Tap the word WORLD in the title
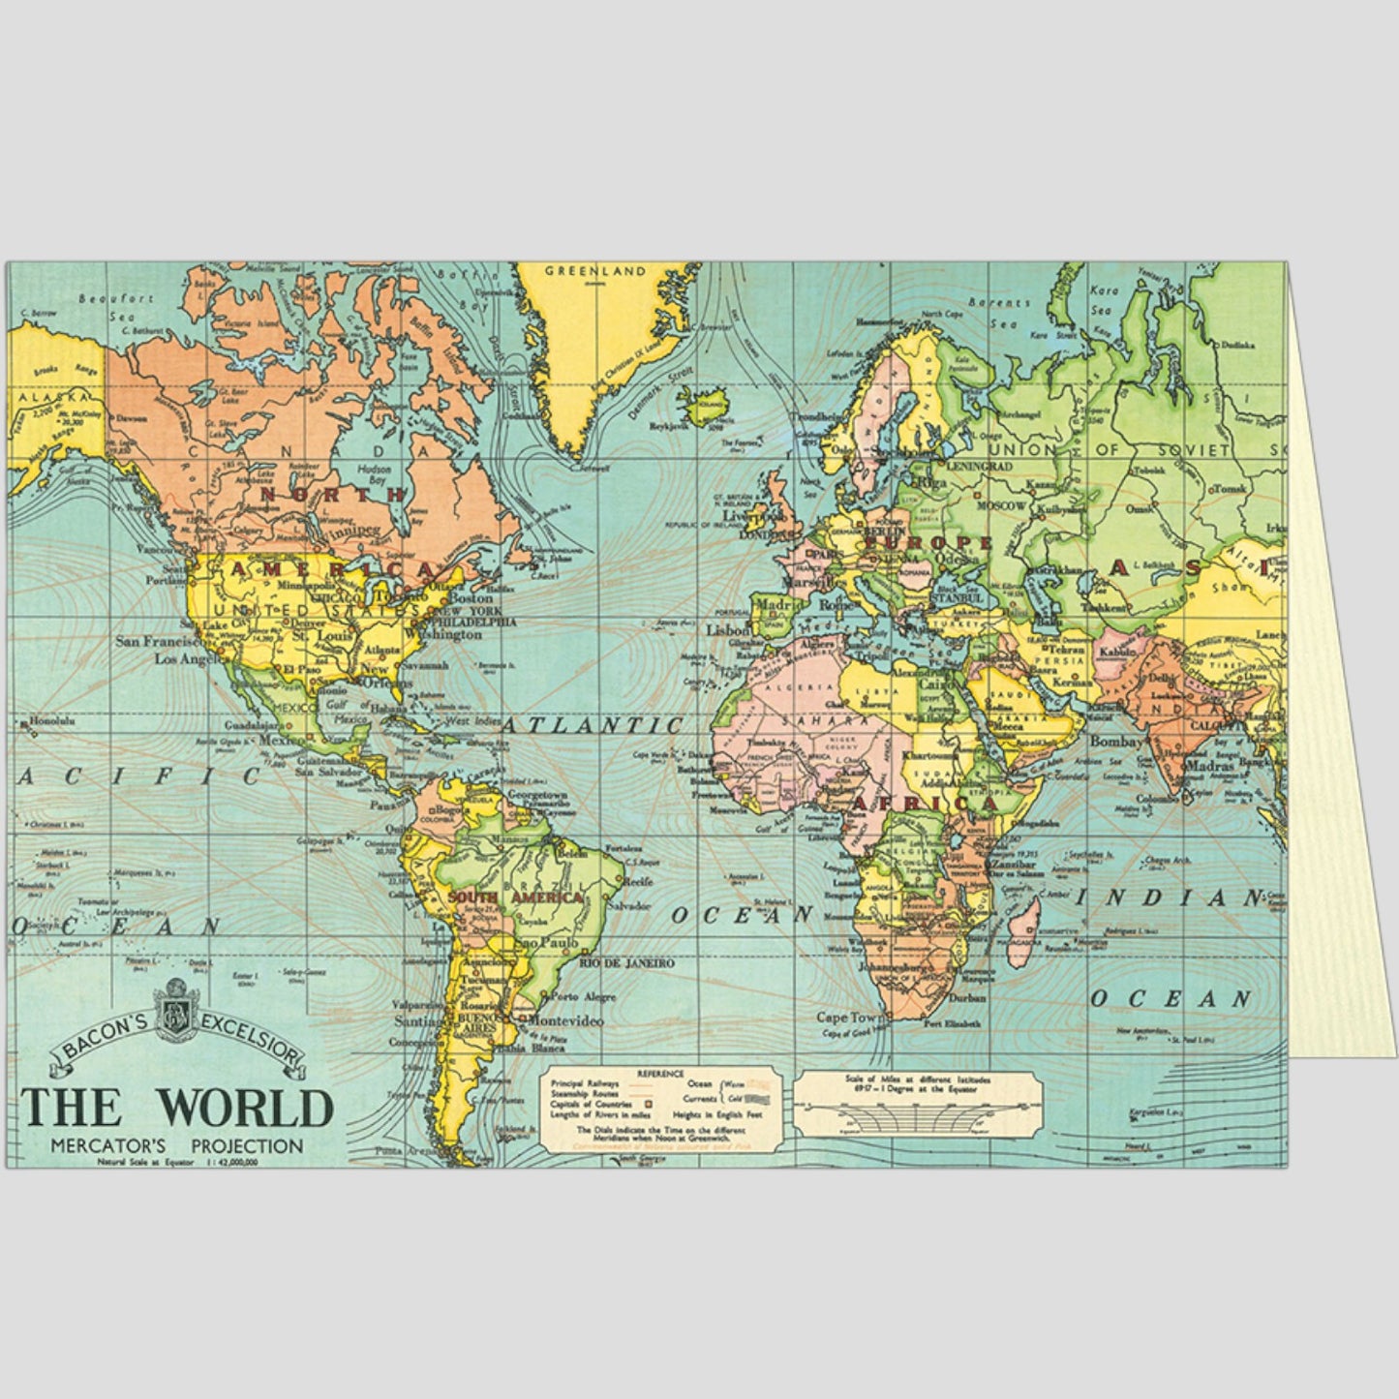coord(245,1108)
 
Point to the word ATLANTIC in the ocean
coord(604,725)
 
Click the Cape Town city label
coord(851,1018)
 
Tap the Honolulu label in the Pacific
coord(52,721)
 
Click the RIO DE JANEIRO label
coord(625,963)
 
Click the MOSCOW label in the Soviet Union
coord(1001,506)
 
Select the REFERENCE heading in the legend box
coord(661,1074)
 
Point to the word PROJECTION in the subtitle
coord(247,1146)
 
